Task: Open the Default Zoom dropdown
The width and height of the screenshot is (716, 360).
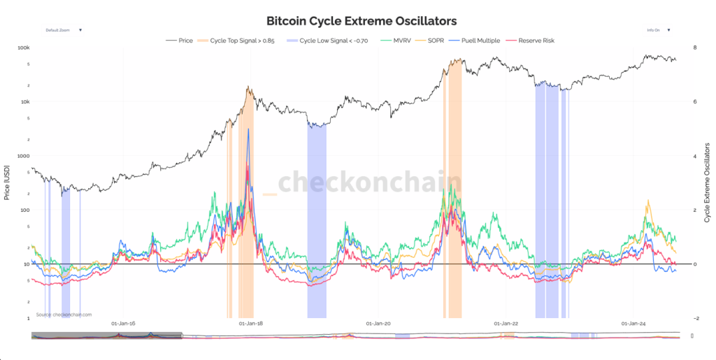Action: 64,30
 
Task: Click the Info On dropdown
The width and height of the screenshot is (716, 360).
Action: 658,30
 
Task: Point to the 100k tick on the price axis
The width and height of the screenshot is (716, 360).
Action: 24,48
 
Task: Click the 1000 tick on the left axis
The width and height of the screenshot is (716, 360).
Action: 23,156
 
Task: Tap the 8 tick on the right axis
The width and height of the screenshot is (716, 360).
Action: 694,48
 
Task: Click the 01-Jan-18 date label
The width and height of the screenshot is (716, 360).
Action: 250,324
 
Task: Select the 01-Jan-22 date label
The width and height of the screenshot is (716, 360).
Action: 506,324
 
